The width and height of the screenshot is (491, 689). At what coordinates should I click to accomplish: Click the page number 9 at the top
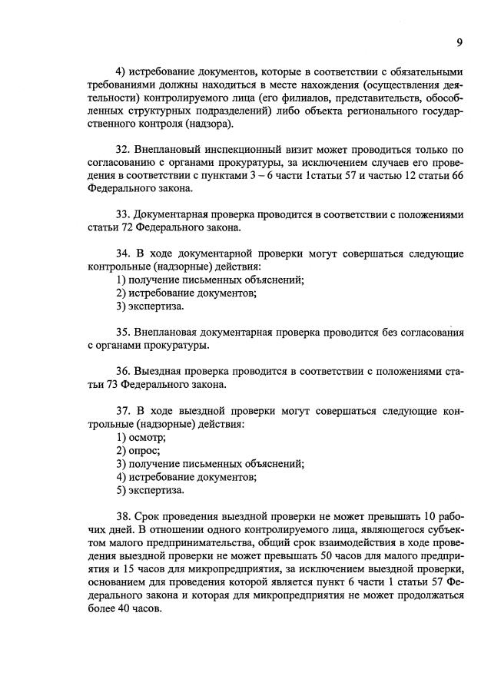[x=459, y=42]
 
